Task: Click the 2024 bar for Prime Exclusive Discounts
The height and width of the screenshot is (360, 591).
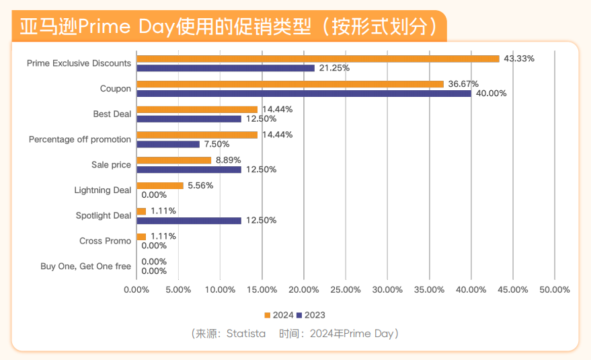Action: (x=317, y=59)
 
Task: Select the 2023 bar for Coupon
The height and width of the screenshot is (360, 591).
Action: (x=303, y=94)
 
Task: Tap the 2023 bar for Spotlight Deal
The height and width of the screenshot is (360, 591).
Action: (x=188, y=220)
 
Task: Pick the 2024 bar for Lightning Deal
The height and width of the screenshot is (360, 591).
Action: (x=159, y=186)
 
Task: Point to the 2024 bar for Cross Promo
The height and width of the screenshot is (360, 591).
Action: (x=141, y=236)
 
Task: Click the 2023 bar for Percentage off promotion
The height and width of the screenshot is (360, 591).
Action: (x=167, y=144)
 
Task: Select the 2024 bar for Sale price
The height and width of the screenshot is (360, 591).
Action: (x=173, y=160)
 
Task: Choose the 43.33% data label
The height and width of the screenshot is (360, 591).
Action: (x=519, y=59)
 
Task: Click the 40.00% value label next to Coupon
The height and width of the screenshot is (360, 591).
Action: (x=491, y=94)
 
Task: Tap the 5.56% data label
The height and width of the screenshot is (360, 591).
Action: (x=200, y=186)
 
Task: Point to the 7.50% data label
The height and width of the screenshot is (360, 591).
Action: (x=216, y=144)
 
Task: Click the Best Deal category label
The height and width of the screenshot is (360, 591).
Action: (x=112, y=114)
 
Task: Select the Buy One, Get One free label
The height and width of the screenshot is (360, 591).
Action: (x=85, y=266)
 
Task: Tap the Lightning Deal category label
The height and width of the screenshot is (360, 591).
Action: (x=102, y=190)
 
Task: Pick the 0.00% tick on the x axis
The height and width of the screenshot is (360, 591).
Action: (x=136, y=289)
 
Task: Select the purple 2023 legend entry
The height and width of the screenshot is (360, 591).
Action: (x=311, y=315)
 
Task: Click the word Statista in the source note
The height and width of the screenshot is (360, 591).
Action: (x=246, y=334)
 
